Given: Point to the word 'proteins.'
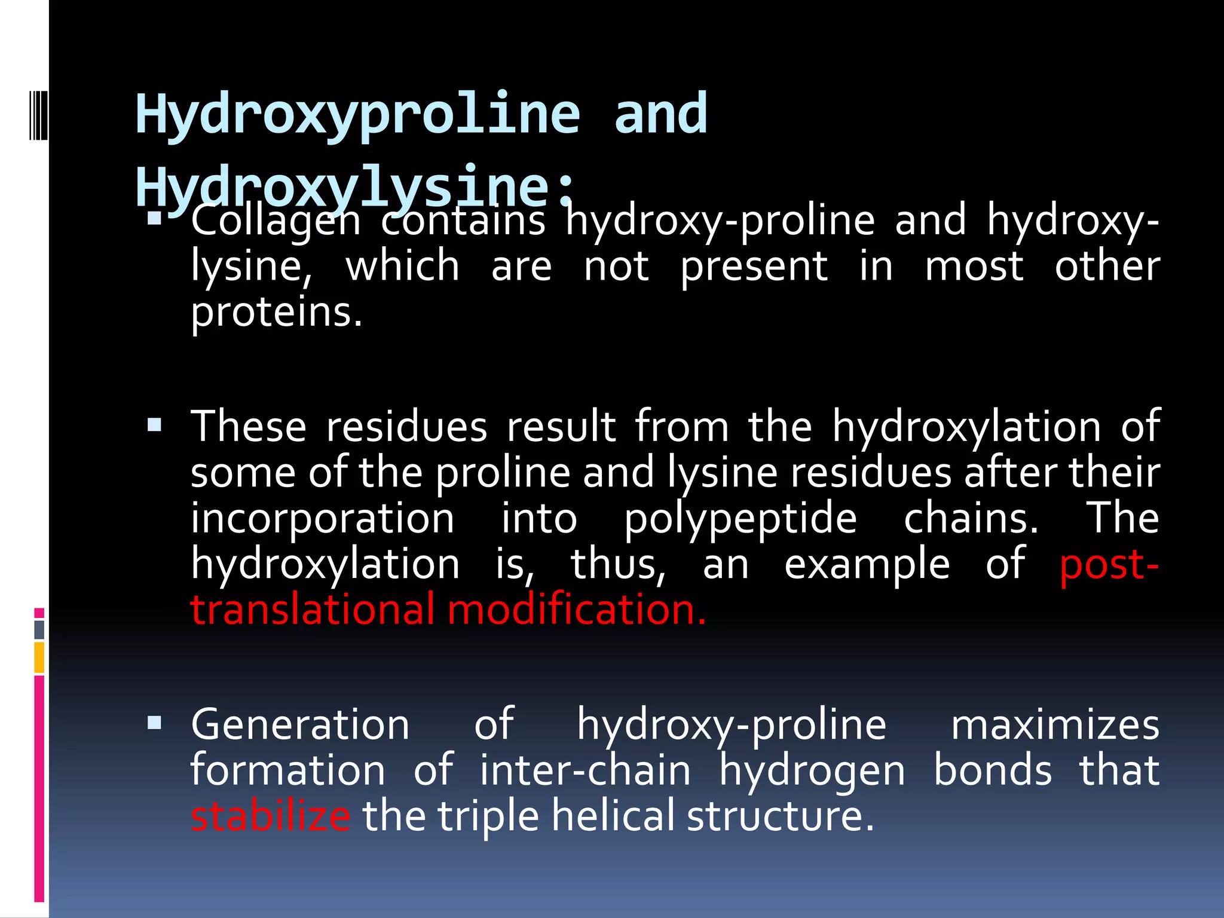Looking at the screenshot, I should pyautogui.click(x=277, y=312).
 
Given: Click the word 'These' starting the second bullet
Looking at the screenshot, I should pyautogui.click(x=249, y=427).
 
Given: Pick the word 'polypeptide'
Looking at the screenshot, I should pyautogui.click(x=740, y=518).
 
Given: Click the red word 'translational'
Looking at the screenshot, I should pyautogui.click(x=313, y=610).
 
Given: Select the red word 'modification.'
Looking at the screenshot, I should pyautogui.click(x=577, y=610).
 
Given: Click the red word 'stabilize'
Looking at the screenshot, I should pyautogui.click(x=271, y=816).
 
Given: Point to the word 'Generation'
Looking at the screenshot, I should pyautogui.click(x=300, y=724).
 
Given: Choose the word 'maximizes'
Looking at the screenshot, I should pyautogui.click(x=1055, y=724).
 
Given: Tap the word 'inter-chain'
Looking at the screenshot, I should pyautogui.click(x=585, y=770).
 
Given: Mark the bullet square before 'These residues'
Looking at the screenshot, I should pyautogui.click(x=155, y=425).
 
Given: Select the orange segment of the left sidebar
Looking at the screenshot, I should pyautogui.click(x=39, y=657).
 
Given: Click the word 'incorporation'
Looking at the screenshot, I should pyautogui.click(x=323, y=518).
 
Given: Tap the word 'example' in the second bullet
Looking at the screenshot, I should pyautogui.click(x=867, y=564).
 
